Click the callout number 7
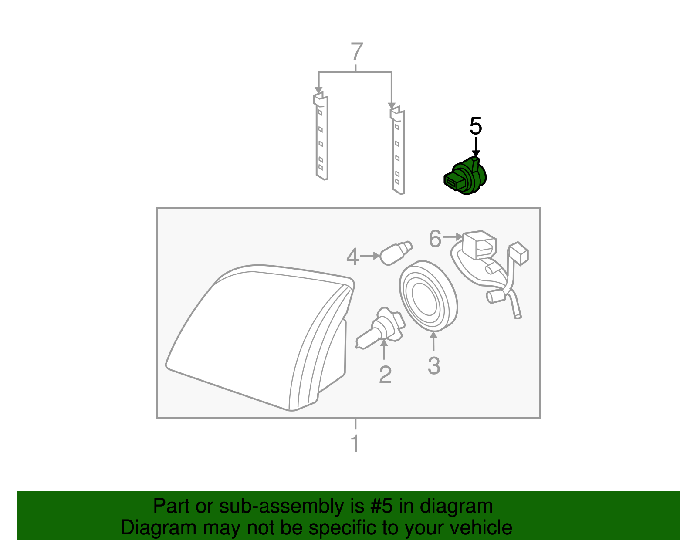pyautogui.click(x=356, y=52)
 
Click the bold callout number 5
pyautogui.click(x=476, y=126)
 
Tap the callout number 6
pyautogui.click(x=435, y=239)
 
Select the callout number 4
pyautogui.click(x=352, y=257)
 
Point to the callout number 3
pyautogui.click(x=434, y=365)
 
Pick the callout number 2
pyautogui.click(x=385, y=375)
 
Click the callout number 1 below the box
pyautogui.click(x=355, y=443)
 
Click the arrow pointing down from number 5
pyautogui.click(x=476, y=147)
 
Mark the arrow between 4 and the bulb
pyautogui.click(x=370, y=256)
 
